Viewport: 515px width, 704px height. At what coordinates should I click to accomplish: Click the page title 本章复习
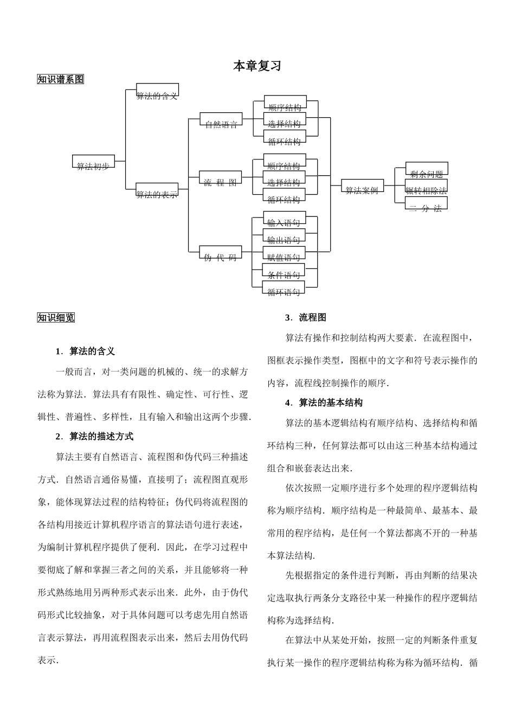click(x=257, y=66)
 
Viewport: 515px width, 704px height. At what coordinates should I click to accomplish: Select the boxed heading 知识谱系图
click(x=61, y=79)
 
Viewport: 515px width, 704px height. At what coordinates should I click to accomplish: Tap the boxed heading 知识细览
click(x=56, y=318)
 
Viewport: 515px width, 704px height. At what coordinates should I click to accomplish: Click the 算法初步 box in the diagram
click(x=93, y=162)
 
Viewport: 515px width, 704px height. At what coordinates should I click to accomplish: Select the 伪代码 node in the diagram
click(x=220, y=253)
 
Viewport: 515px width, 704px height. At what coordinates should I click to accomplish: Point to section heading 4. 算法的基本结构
click(x=324, y=402)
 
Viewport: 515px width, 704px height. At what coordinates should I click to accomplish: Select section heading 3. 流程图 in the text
click(x=306, y=317)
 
